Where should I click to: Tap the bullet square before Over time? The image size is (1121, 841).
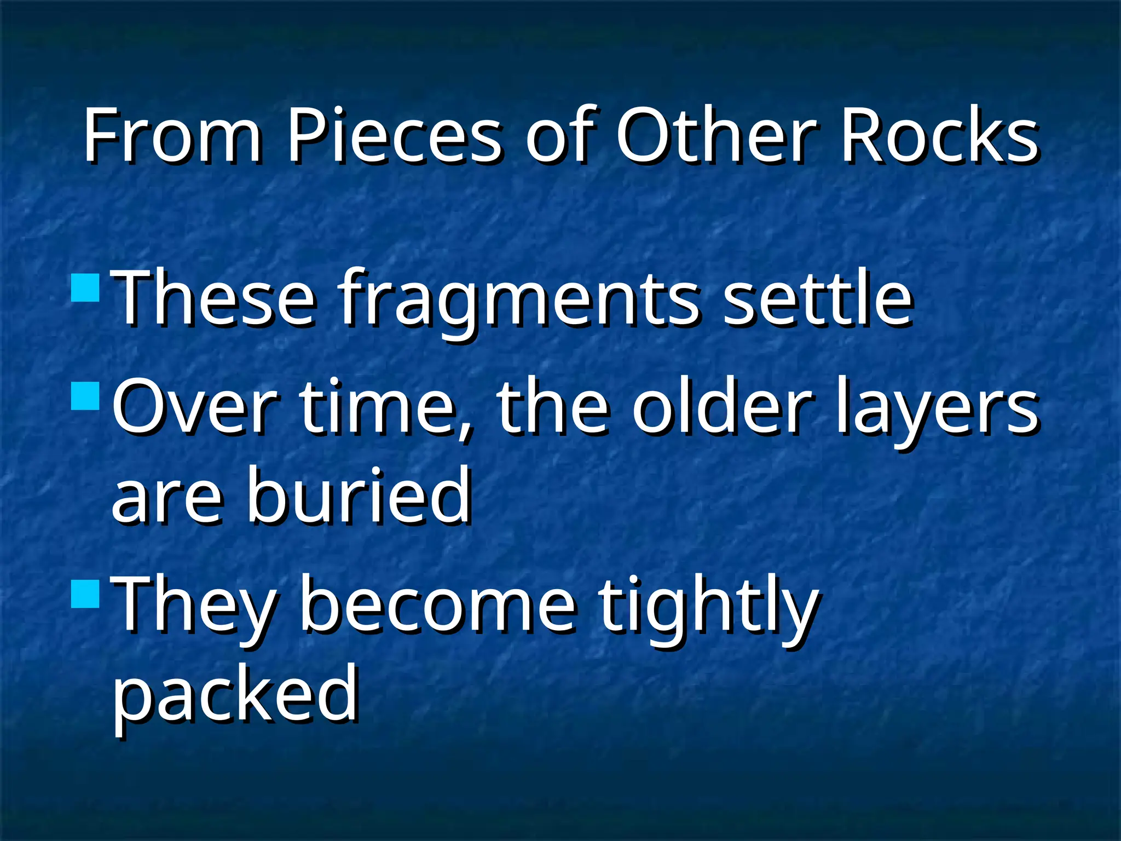click(85, 396)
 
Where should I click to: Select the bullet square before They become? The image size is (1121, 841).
click(85, 594)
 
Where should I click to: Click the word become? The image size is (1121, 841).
click(438, 605)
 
